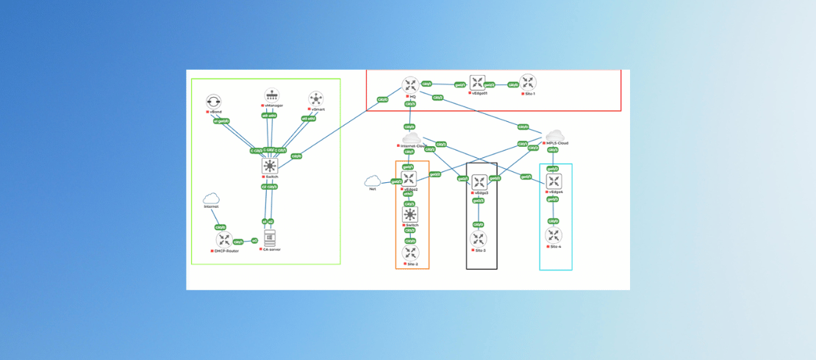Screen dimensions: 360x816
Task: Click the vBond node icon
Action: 214,101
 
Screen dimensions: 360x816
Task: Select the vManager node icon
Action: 272,96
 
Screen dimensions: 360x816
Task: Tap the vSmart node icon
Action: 316,98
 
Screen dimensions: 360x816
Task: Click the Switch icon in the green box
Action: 270,167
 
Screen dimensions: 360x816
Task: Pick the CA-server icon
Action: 270,238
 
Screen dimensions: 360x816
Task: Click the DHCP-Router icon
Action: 224,240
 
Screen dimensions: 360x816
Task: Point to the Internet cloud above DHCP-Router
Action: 212,198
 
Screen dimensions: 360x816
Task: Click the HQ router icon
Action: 410,85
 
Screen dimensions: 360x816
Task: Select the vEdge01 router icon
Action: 478,83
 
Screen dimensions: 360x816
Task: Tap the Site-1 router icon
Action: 527,82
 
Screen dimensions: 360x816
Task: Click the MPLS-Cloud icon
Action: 554,135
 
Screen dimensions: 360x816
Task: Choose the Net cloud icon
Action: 373,181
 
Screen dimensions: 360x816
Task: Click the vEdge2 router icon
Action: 409,179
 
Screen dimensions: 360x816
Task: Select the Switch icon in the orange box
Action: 410,215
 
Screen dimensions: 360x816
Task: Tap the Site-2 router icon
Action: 410,253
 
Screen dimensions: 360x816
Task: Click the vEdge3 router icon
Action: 479,182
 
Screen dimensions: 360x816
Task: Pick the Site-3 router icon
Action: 479,239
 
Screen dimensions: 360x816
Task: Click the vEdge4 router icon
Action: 554,181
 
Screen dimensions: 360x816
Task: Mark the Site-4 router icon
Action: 554,236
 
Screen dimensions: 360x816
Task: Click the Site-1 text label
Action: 529,94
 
